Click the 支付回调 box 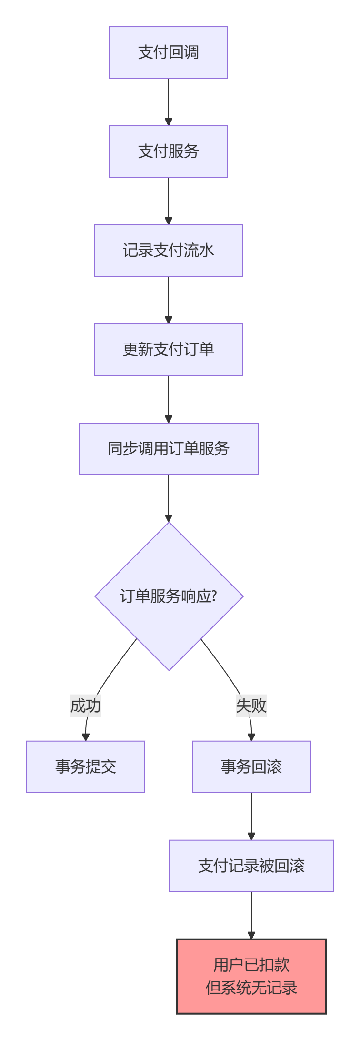[x=169, y=52]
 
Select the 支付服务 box [x=169, y=151]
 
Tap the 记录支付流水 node [x=169, y=251]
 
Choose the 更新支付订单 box [x=169, y=350]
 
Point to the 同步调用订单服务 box [x=169, y=449]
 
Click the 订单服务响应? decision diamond [x=169, y=596]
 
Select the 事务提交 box [x=86, y=767]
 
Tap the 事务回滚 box [x=251, y=767]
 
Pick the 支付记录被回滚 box [x=251, y=866]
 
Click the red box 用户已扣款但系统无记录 [x=251, y=977]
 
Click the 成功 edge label [x=86, y=706]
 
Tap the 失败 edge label [x=251, y=706]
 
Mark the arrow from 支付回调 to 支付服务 [x=169, y=102]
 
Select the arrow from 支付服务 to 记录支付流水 [x=169, y=201]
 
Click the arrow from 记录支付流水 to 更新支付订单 [x=169, y=300]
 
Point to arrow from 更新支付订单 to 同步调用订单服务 [x=169, y=399]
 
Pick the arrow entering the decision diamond [x=169, y=498]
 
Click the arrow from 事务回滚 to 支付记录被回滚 [x=251, y=817]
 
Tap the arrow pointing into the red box [x=251, y=916]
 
